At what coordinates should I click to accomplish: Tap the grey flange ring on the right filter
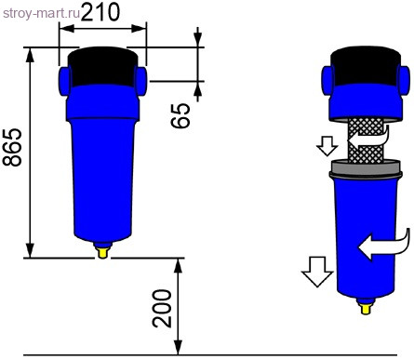(365, 168)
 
